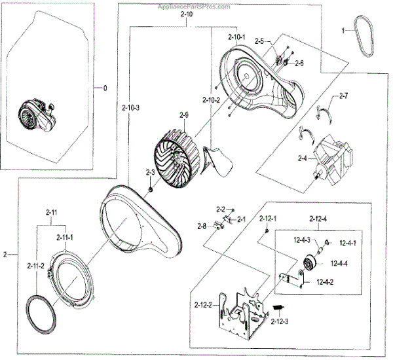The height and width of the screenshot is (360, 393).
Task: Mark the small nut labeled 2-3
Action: [x=150, y=190]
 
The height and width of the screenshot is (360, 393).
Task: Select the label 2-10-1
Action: [x=237, y=37]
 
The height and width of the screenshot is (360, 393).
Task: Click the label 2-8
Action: [x=202, y=226]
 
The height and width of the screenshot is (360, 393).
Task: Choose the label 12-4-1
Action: [x=349, y=243]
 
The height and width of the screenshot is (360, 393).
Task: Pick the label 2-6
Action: [x=299, y=63]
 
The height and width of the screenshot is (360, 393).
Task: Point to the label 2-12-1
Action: [x=269, y=218]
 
